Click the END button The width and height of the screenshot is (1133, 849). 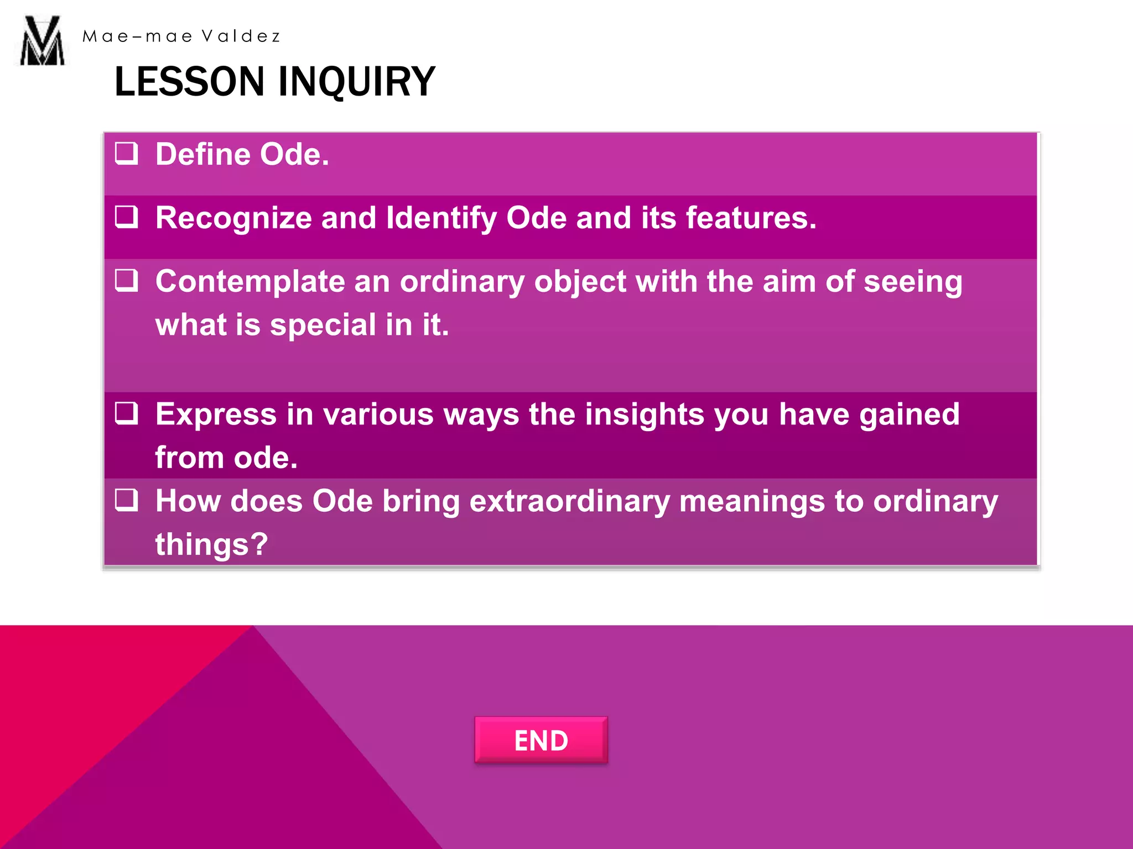pyautogui.click(x=540, y=740)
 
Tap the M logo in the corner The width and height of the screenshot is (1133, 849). pyautogui.click(x=42, y=41)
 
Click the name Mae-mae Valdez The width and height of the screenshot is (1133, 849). pyautogui.click(x=181, y=36)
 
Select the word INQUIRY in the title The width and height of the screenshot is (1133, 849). pyautogui.click(x=357, y=82)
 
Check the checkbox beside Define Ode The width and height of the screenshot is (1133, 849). pyautogui.click(x=127, y=153)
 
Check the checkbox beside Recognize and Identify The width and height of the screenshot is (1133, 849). pyautogui.click(x=127, y=217)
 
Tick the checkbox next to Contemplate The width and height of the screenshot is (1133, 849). pyautogui.click(x=127, y=280)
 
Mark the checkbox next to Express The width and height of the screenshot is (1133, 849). pyautogui.click(x=127, y=413)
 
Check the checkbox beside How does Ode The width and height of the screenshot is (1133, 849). pyautogui.click(x=127, y=500)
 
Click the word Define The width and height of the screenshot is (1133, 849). pyautogui.click(x=202, y=154)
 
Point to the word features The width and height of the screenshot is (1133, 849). pyautogui.click(x=751, y=218)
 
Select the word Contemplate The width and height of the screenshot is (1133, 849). pyautogui.click(x=250, y=282)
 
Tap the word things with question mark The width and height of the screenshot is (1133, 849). pyautogui.click(x=211, y=544)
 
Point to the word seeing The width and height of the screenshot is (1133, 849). pyautogui.click(x=913, y=282)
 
